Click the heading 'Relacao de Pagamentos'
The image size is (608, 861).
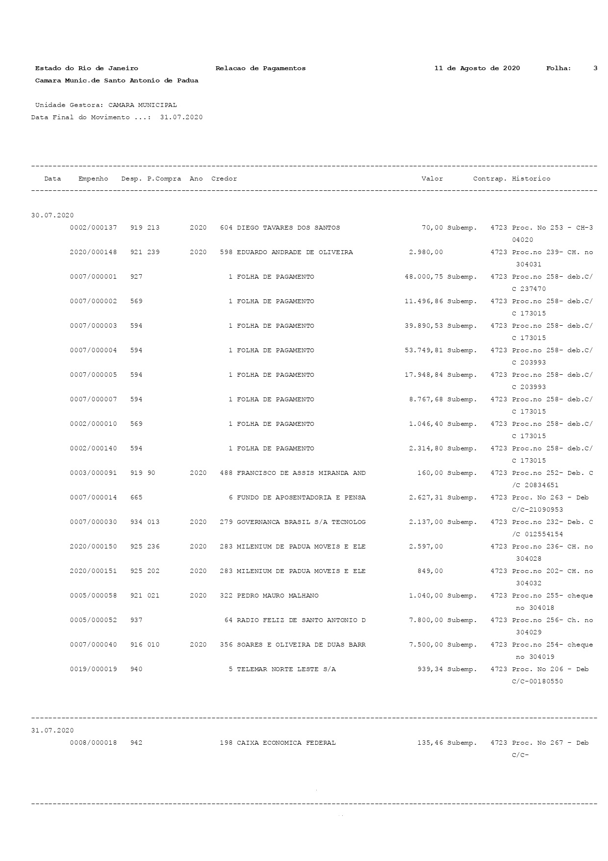[x=260, y=68]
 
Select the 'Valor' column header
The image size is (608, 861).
[x=432, y=179]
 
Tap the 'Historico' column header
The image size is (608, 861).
[x=531, y=179]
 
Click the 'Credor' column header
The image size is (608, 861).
[x=224, y=179]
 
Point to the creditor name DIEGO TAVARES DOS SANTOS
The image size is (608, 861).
[x=288, y=228]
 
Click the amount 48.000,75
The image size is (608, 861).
[x=424, y=277]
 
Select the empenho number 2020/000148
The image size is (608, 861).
[x=93, y=252]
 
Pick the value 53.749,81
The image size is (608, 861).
[x=424, y=350]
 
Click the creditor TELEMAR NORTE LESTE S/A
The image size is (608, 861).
[x=286, y=669]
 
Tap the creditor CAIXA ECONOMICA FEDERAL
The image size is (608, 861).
[x=286, y=743]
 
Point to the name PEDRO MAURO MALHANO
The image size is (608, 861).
[x=278, y=596]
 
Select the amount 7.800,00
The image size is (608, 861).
[x=426, y=620]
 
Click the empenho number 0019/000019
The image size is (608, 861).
[x=93, y=669]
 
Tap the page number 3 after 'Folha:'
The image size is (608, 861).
[x=595, y=68]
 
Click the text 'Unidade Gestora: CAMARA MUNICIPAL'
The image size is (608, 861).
[x=106, y=105]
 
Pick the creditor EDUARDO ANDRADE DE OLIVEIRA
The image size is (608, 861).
[x=295, y=252]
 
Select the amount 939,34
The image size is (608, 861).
[x=430, y=669]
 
